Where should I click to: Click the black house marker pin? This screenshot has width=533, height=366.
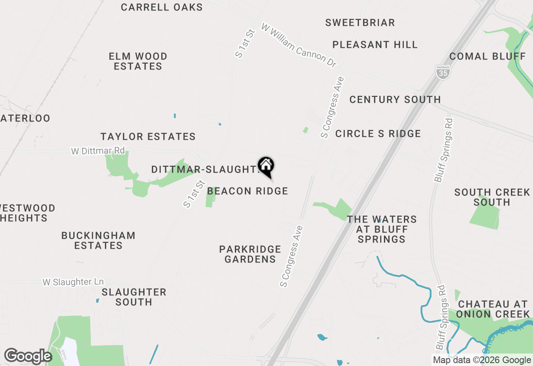coord(266,167)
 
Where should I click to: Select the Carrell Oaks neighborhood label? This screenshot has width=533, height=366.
coord(162,7)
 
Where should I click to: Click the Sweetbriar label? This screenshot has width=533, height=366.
coord(360,22)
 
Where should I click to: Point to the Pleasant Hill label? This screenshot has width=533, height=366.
coord(375,45)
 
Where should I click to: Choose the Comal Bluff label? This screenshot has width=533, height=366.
coord(488,56)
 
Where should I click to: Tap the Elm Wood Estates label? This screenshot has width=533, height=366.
coord(138,61)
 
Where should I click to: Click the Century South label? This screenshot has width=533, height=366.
coord(395,99)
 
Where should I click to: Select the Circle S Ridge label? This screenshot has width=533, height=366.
coord(378,134)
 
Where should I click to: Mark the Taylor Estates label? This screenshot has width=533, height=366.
coord(148,136)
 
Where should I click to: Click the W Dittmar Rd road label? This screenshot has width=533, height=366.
coord(97,151)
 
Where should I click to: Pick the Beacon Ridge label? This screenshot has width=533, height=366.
coord(247,191)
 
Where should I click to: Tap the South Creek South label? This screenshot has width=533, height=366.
coord(491,197)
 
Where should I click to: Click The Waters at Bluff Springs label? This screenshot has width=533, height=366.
coord(381,229)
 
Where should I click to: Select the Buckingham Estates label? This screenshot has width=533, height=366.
coord(98,240)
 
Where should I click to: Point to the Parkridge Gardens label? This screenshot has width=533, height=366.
coord(250,254)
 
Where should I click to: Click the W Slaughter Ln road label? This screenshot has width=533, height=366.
coord(73,282)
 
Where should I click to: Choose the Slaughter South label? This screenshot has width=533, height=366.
coord(134,297)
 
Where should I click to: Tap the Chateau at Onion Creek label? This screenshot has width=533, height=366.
coord(493,309)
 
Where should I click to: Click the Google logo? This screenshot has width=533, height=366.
coord(27,356)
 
